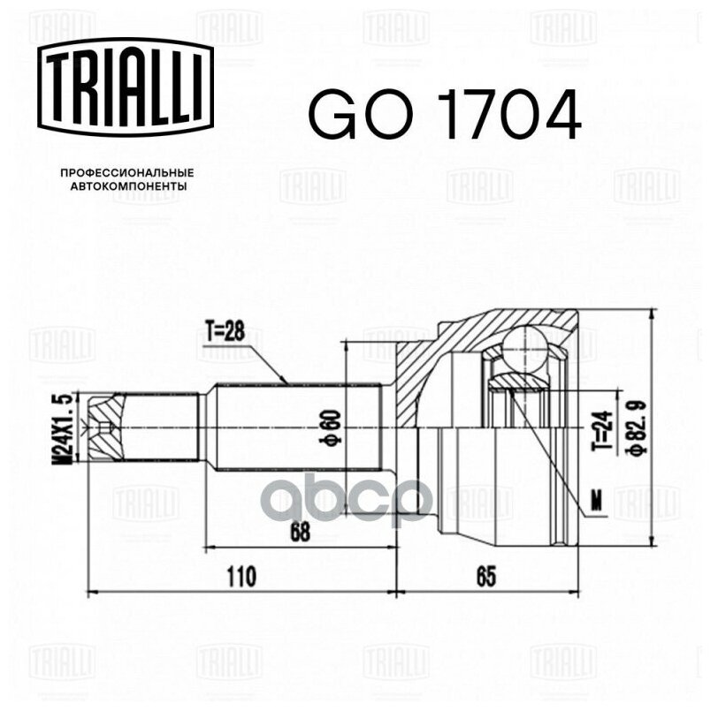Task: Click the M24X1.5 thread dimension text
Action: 65,427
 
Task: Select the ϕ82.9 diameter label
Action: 633,428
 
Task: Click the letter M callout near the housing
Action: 596,503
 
